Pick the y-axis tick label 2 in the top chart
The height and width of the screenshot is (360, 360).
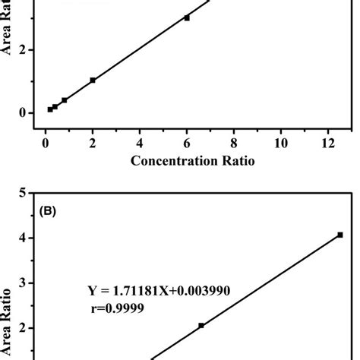click(24, 50)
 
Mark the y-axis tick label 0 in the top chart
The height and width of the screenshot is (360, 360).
click(24, 113)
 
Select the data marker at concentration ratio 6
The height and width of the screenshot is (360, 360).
click(187, 17)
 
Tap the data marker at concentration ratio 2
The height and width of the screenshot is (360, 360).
click(93, 80)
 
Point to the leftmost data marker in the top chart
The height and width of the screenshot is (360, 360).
click(50, 109)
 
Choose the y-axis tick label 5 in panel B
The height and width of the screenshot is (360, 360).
click(24, 194)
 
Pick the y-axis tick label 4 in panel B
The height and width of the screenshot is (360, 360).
click(24, 238)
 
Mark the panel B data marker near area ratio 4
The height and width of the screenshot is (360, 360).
click(339, 235)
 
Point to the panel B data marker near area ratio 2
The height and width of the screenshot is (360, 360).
click(201, 325)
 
